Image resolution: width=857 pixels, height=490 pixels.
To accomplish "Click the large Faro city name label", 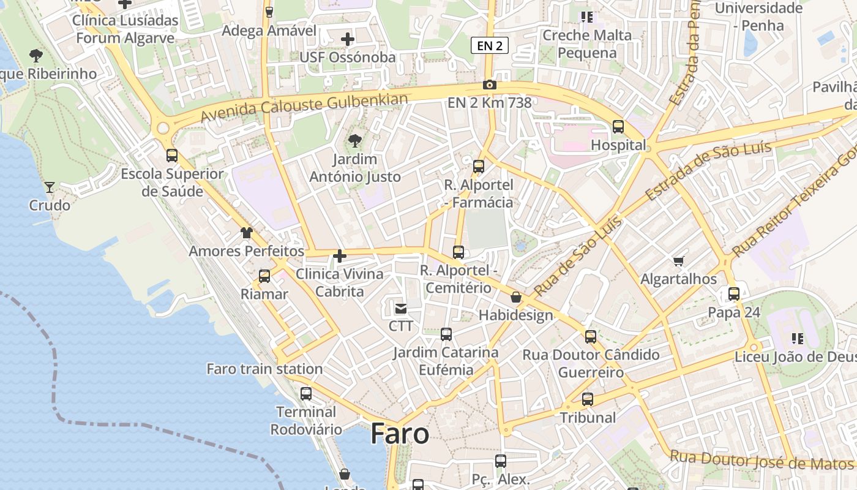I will click(x=400, y=434).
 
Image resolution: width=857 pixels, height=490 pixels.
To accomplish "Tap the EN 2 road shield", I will click(x=490, y=45).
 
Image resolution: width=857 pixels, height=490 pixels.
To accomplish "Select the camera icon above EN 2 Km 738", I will click(x=489, y=85).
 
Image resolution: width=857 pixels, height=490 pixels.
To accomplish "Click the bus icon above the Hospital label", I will click(x=618, y=127).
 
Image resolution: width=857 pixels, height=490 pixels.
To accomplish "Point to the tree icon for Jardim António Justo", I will click(x=354, y=141).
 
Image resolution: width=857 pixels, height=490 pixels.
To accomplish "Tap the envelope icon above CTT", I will click(x=400, y=308).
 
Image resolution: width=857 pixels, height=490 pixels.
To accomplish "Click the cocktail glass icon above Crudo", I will click(x=50, y=187).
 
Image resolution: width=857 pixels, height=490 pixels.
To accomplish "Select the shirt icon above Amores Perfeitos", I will click(x=246, y=233).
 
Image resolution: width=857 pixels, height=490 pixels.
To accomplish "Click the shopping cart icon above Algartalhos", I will click(x=678, y=262).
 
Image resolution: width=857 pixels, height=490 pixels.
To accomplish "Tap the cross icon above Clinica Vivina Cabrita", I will click(x=340, y=256).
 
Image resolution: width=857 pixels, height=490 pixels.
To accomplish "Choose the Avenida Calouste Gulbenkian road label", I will click(x=304, y=108).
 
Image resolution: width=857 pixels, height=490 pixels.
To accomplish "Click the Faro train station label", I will click(x=264, y=369).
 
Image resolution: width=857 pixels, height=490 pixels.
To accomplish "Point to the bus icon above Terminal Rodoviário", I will click(x=305, y=394).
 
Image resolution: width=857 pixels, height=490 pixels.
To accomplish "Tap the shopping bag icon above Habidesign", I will click(x=516, y=297).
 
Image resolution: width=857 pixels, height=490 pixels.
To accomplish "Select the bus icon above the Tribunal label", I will click(x=588, y=399).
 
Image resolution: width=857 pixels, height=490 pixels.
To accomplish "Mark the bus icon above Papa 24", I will click(x=733, y=294).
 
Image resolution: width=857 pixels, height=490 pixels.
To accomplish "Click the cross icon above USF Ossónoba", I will click(x=348, y=39).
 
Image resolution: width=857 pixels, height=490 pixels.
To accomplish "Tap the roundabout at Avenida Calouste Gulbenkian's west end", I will click(x=163, y=128).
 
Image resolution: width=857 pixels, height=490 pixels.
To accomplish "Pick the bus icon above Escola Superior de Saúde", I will click(x=172, y=156).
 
